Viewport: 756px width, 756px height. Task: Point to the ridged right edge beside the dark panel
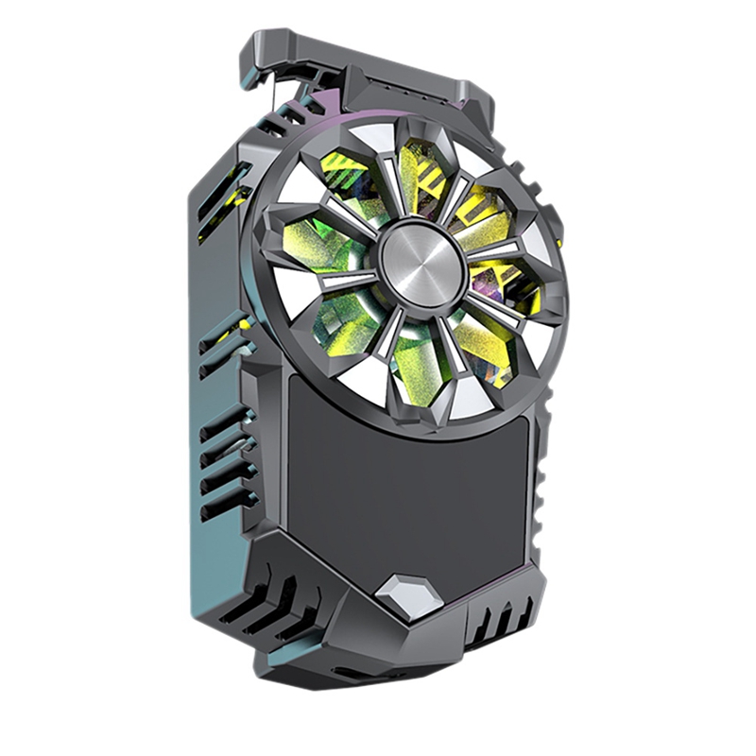click(540, 491)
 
